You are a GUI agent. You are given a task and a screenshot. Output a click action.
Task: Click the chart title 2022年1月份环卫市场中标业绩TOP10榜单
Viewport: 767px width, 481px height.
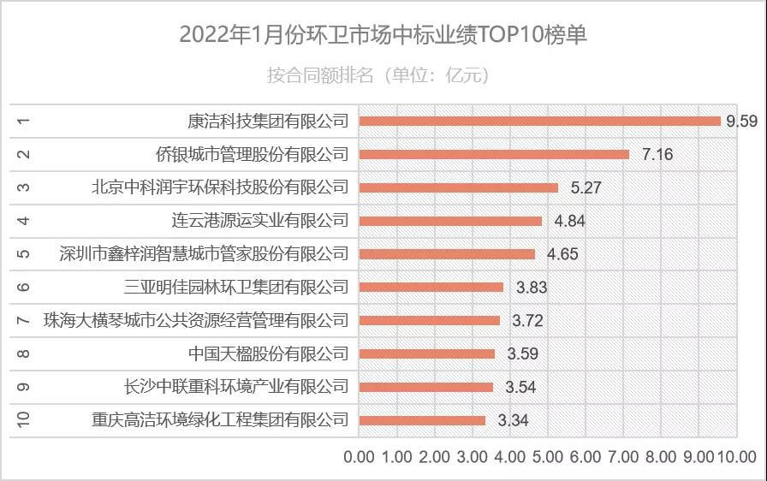pyautogui.click(x=383, y=35)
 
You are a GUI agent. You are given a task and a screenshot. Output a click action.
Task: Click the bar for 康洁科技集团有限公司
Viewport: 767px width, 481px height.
pyautogui.click(x=539, y=121)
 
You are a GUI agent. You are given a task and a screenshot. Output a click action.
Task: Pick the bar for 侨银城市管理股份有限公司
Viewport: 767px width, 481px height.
pyautogui.click(x=494, y=154)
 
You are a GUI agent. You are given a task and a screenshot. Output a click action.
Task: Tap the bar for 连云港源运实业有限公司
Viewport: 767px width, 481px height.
pyautogui.click(x=450, y=221)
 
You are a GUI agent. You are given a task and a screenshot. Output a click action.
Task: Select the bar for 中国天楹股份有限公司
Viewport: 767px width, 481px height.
pyautogui.click(x=426, y=353)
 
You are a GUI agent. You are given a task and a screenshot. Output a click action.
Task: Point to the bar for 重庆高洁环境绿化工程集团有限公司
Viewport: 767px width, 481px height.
pyautogui.click(x=422, y=420)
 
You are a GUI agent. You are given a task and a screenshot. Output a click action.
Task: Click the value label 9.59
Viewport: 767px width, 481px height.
pyautogui.click(x=741, y=121)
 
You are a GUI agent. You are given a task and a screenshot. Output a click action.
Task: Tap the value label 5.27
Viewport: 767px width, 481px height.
pyautogui.click(x=581, y=187)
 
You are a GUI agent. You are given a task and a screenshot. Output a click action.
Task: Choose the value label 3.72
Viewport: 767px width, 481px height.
pyautogui.click(x=527, y=321)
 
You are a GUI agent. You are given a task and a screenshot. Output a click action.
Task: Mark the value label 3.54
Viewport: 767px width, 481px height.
pyautogui.click(x=520, y=387)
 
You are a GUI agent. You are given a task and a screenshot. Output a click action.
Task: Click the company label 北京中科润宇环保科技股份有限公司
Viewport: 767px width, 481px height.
pyautogui.click(x=220, y=187)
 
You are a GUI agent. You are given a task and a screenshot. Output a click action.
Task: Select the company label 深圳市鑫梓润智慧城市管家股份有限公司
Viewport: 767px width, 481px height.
pyautogui.click(x=204, y=253)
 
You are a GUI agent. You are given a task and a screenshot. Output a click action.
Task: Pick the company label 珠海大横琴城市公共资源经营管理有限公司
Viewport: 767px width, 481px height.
pyautogui.click(x=196, y=320)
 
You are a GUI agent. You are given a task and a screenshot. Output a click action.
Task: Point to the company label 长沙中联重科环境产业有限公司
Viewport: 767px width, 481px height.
pyautogui.click(x=236, y=386)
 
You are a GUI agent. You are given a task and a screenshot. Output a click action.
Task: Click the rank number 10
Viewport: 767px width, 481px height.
pyautogui.click(x=24, y=419)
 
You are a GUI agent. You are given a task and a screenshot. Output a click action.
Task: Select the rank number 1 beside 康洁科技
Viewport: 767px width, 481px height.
pyautogui.click(x=24, y=121)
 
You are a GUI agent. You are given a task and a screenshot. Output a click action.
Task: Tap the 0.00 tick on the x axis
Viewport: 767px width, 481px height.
pyautogui.click(x=359, y=456)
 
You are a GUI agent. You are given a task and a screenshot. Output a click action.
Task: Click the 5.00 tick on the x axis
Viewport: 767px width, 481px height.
pyautogui.click(x=548, y=456)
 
